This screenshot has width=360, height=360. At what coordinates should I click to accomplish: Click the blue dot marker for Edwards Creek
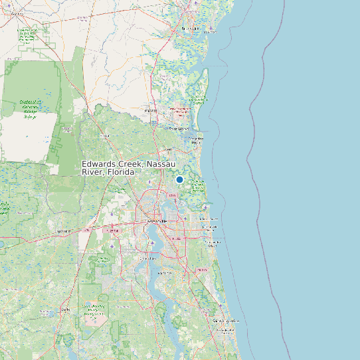coord(179,179)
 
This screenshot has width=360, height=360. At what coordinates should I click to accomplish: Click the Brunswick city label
coord(191,29)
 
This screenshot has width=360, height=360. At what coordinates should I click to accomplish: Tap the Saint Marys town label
coord(179,129)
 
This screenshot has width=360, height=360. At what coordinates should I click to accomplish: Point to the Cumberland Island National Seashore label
coord(198,100)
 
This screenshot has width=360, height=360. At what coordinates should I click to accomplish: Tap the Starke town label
coord(65,310)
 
